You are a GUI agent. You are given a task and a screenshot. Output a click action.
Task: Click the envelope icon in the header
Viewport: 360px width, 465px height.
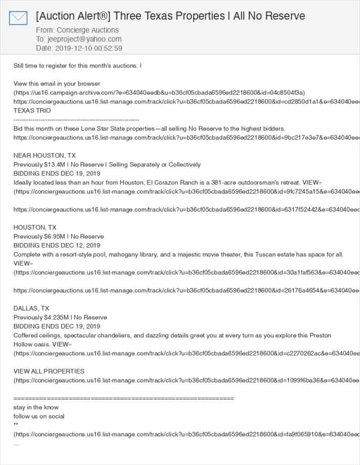coord(18,18)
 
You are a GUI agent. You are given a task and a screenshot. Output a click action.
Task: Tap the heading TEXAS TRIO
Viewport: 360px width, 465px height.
coord(32,110)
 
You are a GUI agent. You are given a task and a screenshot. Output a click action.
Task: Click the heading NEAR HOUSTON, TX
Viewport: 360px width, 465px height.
coord(44,155)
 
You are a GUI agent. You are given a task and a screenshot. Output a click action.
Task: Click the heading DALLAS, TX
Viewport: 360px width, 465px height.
coord(32,308)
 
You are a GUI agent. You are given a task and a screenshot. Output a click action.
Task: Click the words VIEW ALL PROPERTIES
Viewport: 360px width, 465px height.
coord(49,371)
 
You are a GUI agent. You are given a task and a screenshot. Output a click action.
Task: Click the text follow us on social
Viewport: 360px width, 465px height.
coord(39,416)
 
